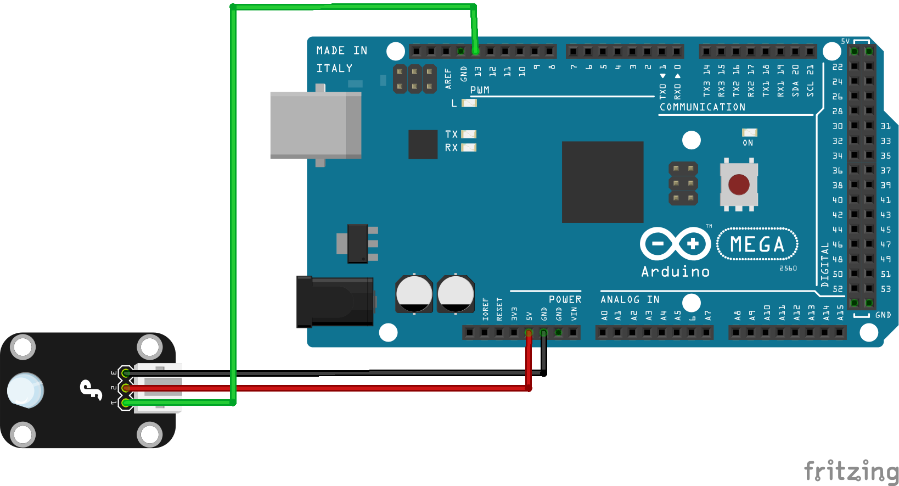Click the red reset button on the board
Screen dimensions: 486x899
[x=739, y=185]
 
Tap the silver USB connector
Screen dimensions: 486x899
[x=315, y=125]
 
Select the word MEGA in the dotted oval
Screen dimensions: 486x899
[x=757, y=244]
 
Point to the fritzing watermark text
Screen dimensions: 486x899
[x=850, y=471]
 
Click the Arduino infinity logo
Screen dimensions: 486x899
[x=675, y=243]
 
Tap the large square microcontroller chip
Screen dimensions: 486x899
[x=602, y=182]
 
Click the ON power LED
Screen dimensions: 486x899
[x=749, y=132]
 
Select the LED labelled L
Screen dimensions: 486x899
[x=469, y=103]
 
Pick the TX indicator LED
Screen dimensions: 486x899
[x=469, y=134]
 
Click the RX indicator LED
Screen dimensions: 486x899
[x=469, y=147]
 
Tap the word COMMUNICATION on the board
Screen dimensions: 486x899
[x=703, y=107]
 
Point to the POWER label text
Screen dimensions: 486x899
[x=565, y=299]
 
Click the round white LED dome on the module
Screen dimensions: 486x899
[x=25, y=390]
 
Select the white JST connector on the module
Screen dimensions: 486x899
[x=159, y=388]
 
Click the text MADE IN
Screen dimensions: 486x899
[x=341, y=51]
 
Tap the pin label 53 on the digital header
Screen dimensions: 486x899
[x=885, y=289]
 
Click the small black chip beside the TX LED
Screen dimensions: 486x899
[x=423, y=144]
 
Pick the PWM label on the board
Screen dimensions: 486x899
[x=480, y=90]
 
